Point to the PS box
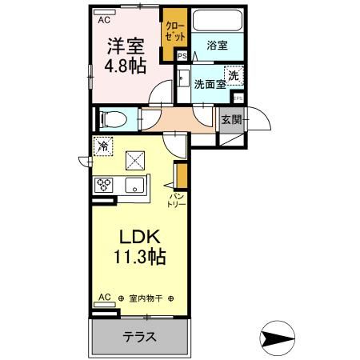(x=182, y=55)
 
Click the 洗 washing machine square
(x=232, y=74)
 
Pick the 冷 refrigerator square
(x=102, y=146)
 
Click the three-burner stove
(x=105, y=185)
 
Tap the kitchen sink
(x=132, y=186)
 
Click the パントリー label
(x=176, y=200)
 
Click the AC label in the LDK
(x=102, y=297)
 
